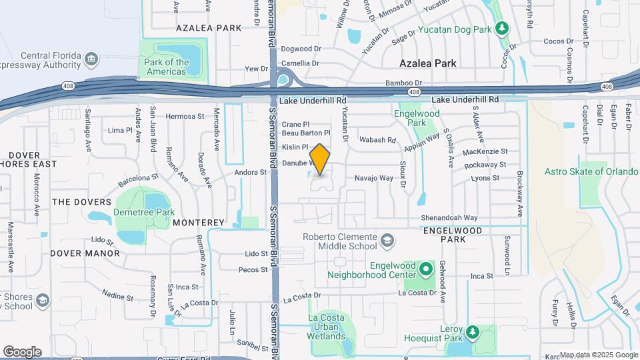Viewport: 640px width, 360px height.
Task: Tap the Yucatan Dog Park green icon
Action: [x=503, y=29]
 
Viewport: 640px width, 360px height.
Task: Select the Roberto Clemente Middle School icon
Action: [x=387, y=239]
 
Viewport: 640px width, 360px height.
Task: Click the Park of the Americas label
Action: [x=166, y=67]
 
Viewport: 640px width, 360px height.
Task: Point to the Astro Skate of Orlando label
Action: [x=593, y=171]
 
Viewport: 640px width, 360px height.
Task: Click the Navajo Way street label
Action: [x=373, y=178]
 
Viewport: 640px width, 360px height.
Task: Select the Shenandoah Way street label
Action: [x=449, y=217]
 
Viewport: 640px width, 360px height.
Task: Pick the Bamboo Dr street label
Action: [x=403, y=83]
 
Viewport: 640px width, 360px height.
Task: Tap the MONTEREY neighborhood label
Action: [x=199, y=223]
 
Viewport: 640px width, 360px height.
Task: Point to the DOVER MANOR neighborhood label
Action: [x=85, y=253]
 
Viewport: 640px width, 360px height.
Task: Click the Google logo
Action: [x=23, y=351]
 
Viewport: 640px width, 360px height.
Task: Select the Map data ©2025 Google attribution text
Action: [x=598, y=355]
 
